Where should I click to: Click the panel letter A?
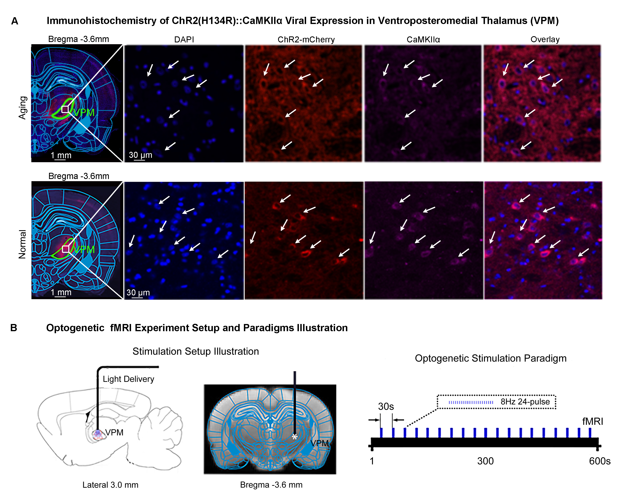coord(15,21)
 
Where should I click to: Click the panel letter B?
coord(14,328)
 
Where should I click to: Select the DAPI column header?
coord(184,39)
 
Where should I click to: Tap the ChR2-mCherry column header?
coord(306,39)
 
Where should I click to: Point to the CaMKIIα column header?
coord(423,39)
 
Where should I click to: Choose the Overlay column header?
coord(545,39)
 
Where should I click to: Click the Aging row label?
coord(23,107)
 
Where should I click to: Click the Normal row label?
coord(22,244)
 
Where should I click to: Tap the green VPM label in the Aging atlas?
coord(84,112)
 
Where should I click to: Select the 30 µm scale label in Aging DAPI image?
coord(140,155)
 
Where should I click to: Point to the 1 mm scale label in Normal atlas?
coord(61,292)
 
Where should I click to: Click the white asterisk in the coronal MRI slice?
coord(294,437)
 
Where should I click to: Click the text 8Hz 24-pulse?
coord(525,402)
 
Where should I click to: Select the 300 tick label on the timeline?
coord(485,461)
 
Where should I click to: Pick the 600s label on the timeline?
coord(599,461)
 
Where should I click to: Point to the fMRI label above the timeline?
coord(593,421)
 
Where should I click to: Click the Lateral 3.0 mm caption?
coord(110,485)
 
